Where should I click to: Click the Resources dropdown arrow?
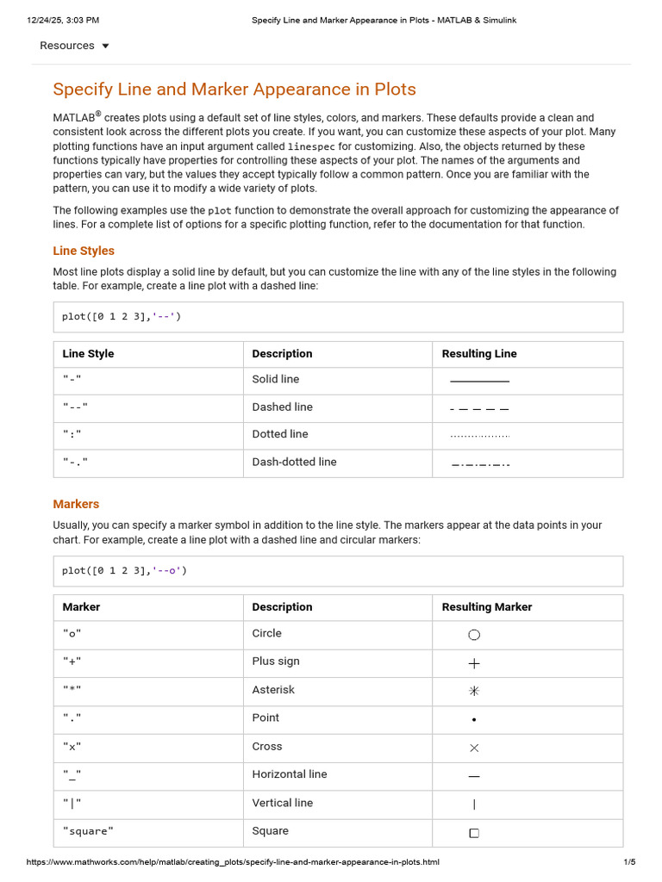tap(105, 46)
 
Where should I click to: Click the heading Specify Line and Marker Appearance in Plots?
tap(234, 90)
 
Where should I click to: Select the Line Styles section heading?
tap(84, 251)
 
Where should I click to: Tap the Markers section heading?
tap(76, 504)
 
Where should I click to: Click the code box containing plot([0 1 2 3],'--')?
tap(337, 317)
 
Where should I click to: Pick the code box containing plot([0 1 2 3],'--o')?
tap(337, 570)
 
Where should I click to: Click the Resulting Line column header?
tap(479, 354)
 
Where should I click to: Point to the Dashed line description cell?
tap(282, 407)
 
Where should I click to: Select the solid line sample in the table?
tap(479, 381)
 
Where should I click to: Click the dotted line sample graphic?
tap(479, 437)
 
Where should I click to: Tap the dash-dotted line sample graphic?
tap(480, 465)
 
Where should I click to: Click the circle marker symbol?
tap(474, 635)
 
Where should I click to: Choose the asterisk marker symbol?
tap(474, 691)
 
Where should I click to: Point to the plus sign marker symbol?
tap(474, 663)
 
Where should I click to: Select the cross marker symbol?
tap(474, 748)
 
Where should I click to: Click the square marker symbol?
tap(474, 833)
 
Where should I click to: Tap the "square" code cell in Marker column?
tap(88, 831)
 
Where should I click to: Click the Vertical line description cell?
tap(282, 803)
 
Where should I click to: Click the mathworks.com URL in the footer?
tap(233, 862)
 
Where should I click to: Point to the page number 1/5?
tap(629, 862)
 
